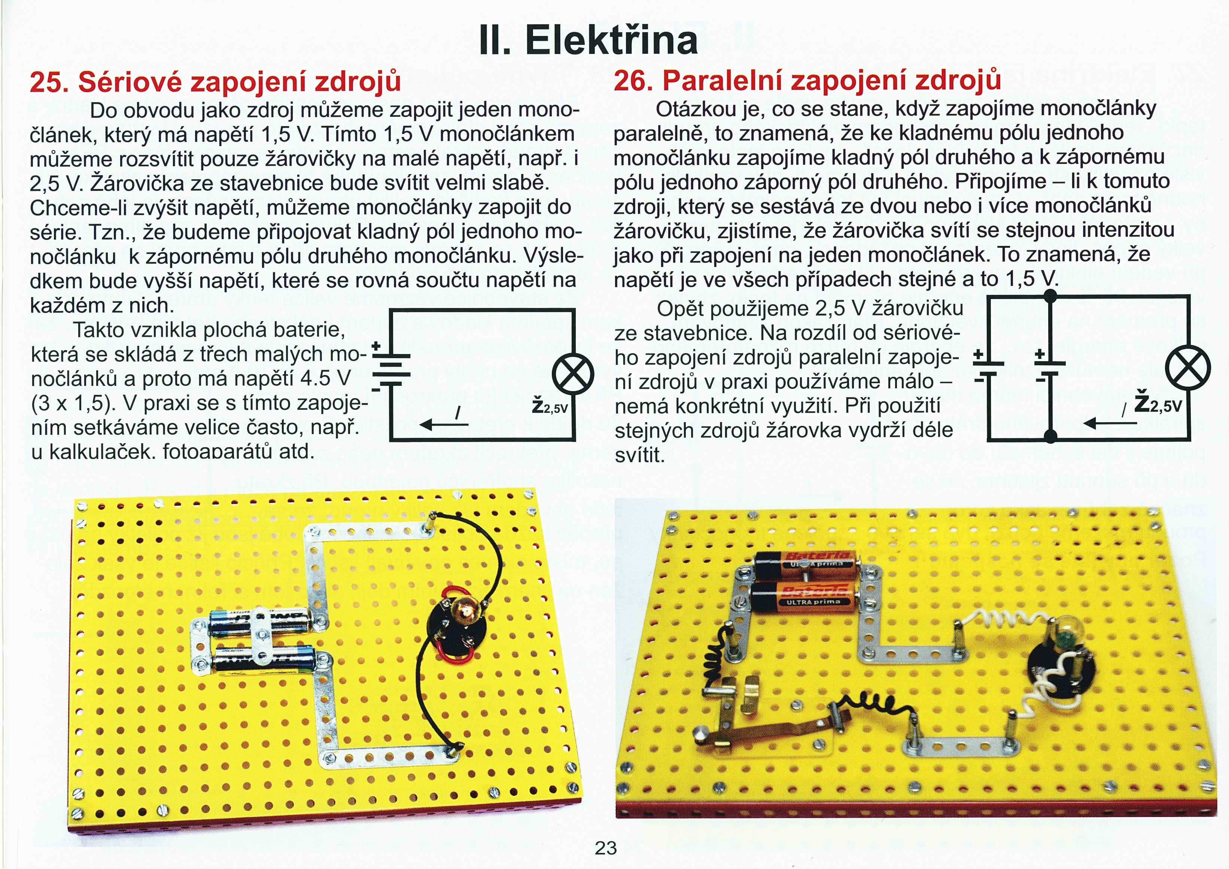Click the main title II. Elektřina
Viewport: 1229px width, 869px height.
(589, 40)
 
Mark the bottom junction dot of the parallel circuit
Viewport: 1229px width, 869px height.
(1051, 437)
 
